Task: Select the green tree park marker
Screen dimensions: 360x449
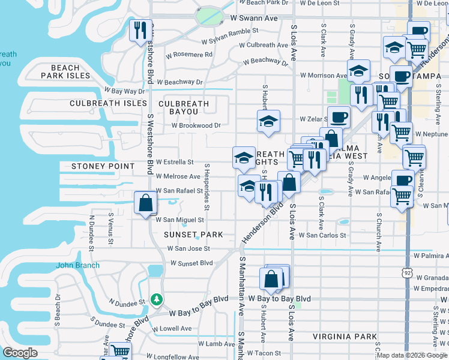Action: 157,298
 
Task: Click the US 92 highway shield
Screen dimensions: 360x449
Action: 408,272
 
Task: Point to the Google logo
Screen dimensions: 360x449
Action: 20,353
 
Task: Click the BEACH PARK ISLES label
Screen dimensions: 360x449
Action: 66,72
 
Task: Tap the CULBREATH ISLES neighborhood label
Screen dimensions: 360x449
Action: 108,103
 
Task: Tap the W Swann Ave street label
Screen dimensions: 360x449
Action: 255,19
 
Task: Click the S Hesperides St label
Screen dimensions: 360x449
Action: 206,187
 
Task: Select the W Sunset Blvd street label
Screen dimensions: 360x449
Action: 191,263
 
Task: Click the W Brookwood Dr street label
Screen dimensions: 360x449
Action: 196,126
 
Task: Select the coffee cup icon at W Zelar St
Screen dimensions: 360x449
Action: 339,117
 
